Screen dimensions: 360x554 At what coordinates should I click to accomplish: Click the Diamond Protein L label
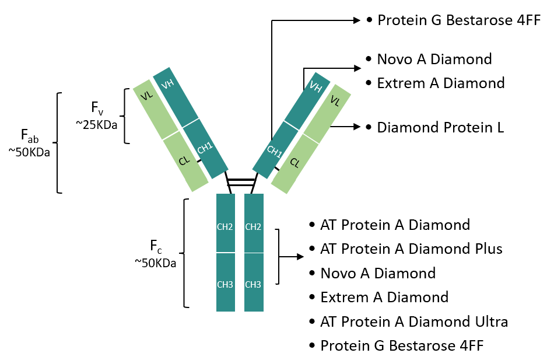(x=440, y=127)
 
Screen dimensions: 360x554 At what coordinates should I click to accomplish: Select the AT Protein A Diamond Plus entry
(x=411, y=249)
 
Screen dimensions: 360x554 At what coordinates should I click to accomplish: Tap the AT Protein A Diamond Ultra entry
(x=414, y=321)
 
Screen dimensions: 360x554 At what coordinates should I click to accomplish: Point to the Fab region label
(x=30, y=136)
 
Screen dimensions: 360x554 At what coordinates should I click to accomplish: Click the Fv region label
(x=97, y=109)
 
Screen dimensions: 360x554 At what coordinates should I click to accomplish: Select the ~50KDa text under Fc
(x=155, y=263)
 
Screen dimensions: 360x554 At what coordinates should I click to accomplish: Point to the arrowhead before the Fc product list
(x=300, y=257)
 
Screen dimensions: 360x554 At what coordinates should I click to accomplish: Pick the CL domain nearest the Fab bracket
(x=185, y=160)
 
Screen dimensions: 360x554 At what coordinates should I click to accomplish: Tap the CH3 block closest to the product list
(x=253, y=285)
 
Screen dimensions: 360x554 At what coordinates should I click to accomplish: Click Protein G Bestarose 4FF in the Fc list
(x=402, y=345)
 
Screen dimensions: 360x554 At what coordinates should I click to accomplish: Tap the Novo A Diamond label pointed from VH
(x=434, y=59)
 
